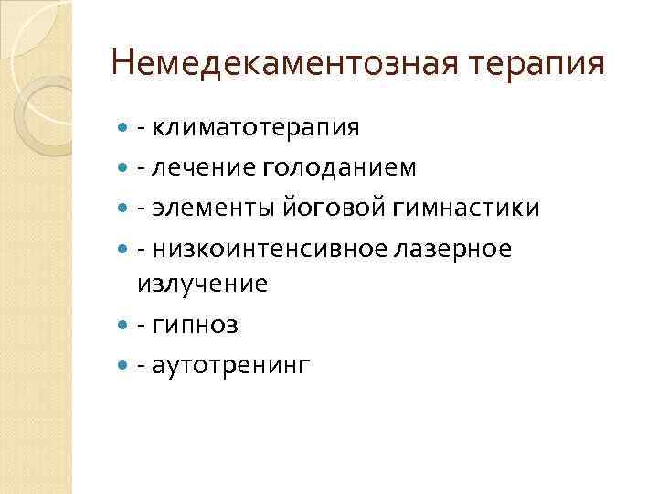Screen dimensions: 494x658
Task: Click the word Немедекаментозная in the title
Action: [x=274, y=65]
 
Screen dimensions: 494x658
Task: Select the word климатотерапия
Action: [x=257, y=126]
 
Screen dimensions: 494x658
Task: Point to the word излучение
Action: [x=202, y=284]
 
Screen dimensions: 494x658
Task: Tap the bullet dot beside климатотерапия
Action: [x=123, y=127]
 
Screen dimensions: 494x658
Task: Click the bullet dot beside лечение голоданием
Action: [x=123, y=168]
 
